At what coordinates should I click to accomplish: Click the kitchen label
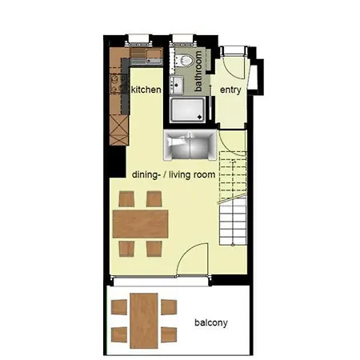[x=146, y=90]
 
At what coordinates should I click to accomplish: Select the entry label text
[x=230, y=90]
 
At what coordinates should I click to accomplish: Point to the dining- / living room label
[x=173, y=173]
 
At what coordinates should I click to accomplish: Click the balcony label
[x=211, y=323]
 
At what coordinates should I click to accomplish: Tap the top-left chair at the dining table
[x=126, y=198]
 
